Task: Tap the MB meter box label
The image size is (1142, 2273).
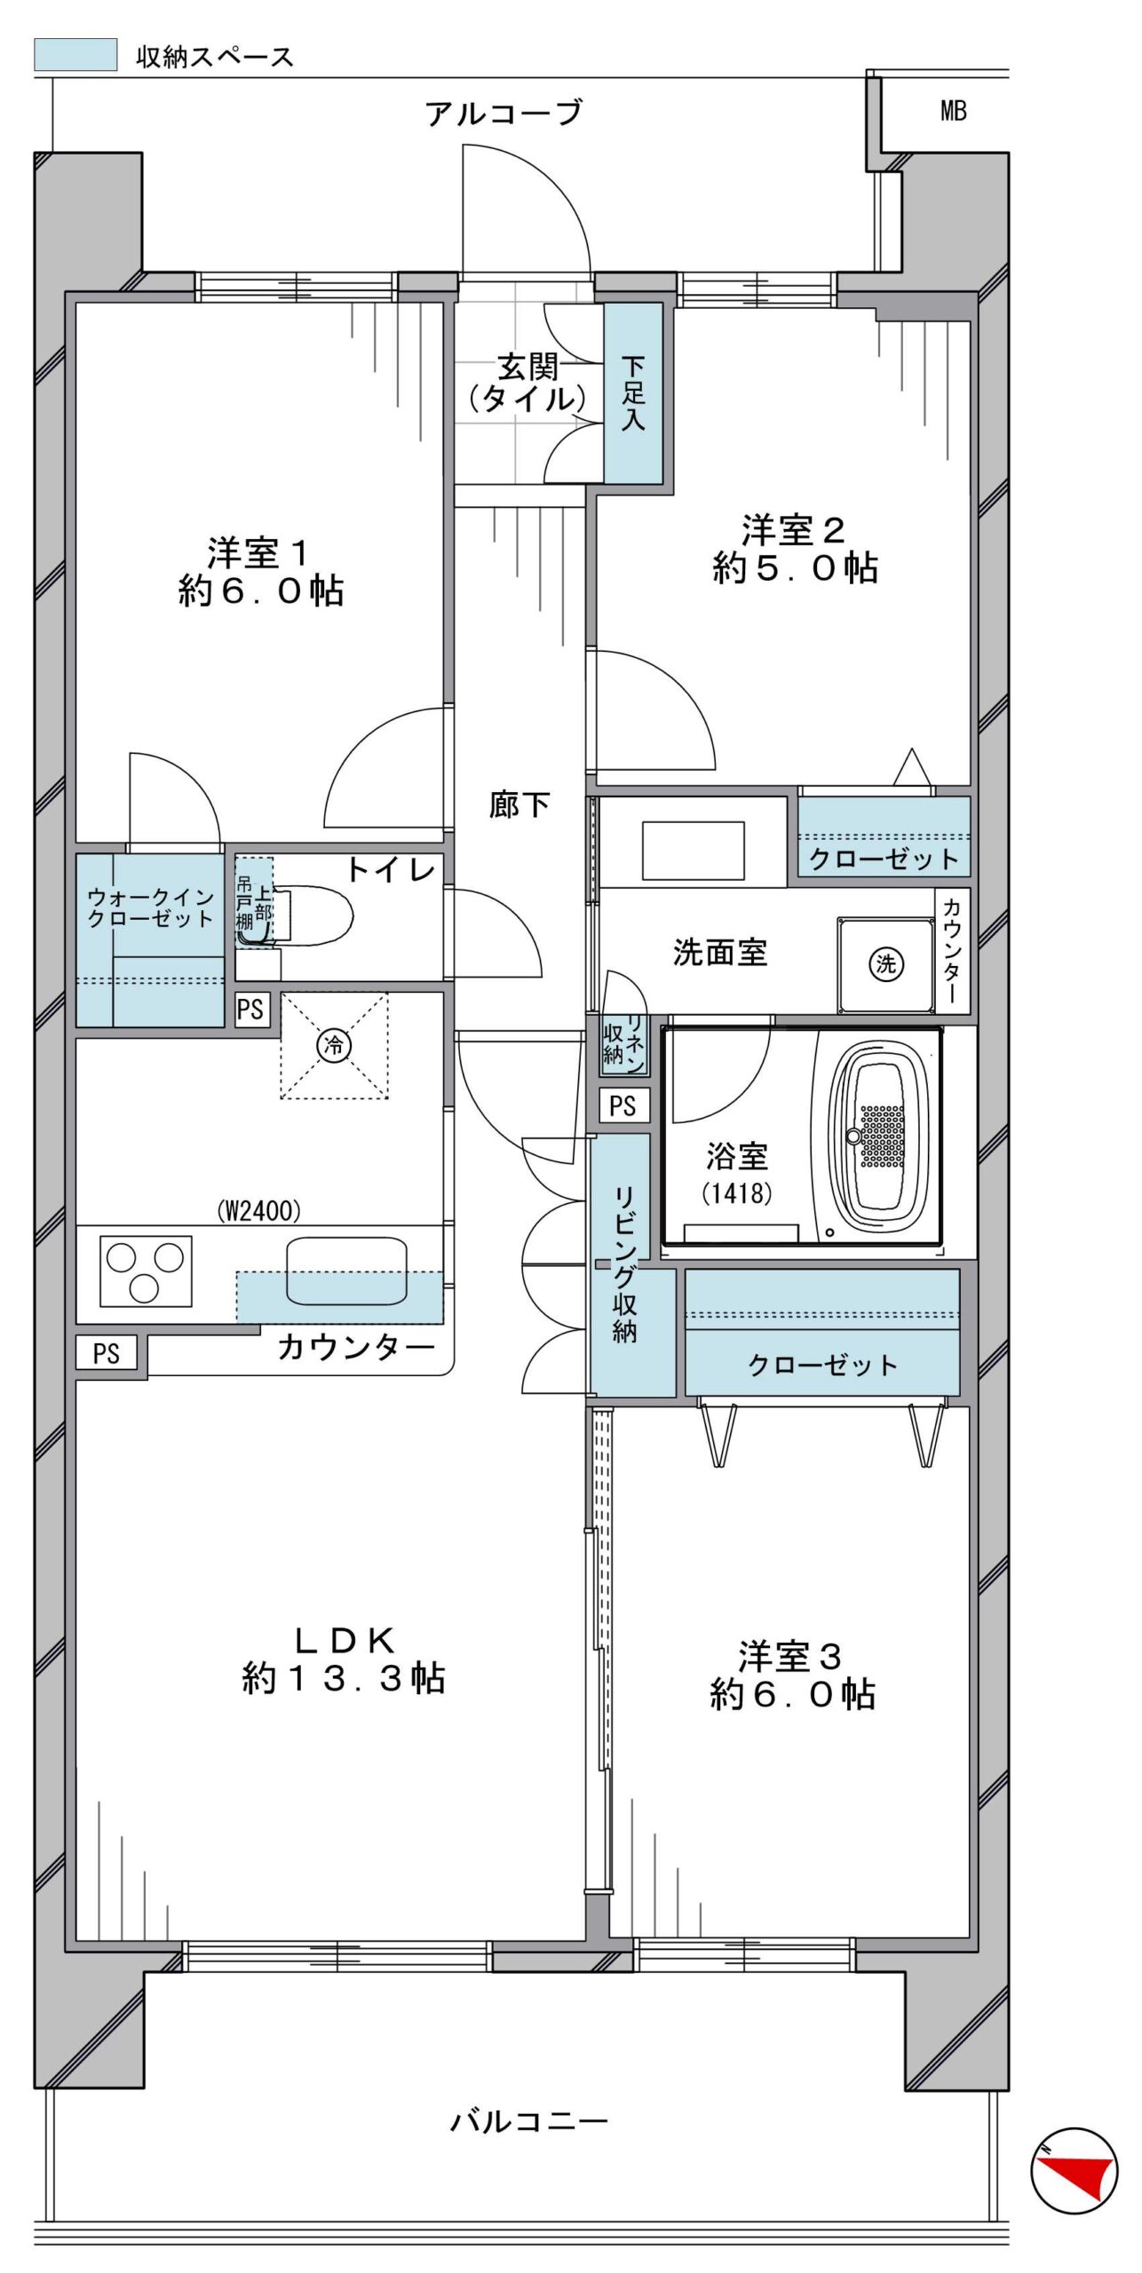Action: point(953,111)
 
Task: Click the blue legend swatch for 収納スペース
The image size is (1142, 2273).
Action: point(75,54)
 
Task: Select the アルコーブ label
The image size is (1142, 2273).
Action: point(504,114)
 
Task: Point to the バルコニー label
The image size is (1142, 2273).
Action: point(529,2122)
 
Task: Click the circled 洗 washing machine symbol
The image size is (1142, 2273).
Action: point(886,963)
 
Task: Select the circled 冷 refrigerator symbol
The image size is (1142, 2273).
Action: point(335,1044)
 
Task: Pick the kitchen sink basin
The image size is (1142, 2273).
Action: point(346,1271)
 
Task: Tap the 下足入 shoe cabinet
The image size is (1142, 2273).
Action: point(633,392)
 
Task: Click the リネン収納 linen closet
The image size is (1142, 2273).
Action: point(623,1042)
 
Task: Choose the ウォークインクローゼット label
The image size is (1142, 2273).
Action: point(150,908)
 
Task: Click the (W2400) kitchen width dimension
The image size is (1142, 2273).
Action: point(258,1209)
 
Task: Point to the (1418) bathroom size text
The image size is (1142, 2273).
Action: point(737,1192)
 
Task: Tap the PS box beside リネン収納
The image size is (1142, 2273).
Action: point(623,1105)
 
